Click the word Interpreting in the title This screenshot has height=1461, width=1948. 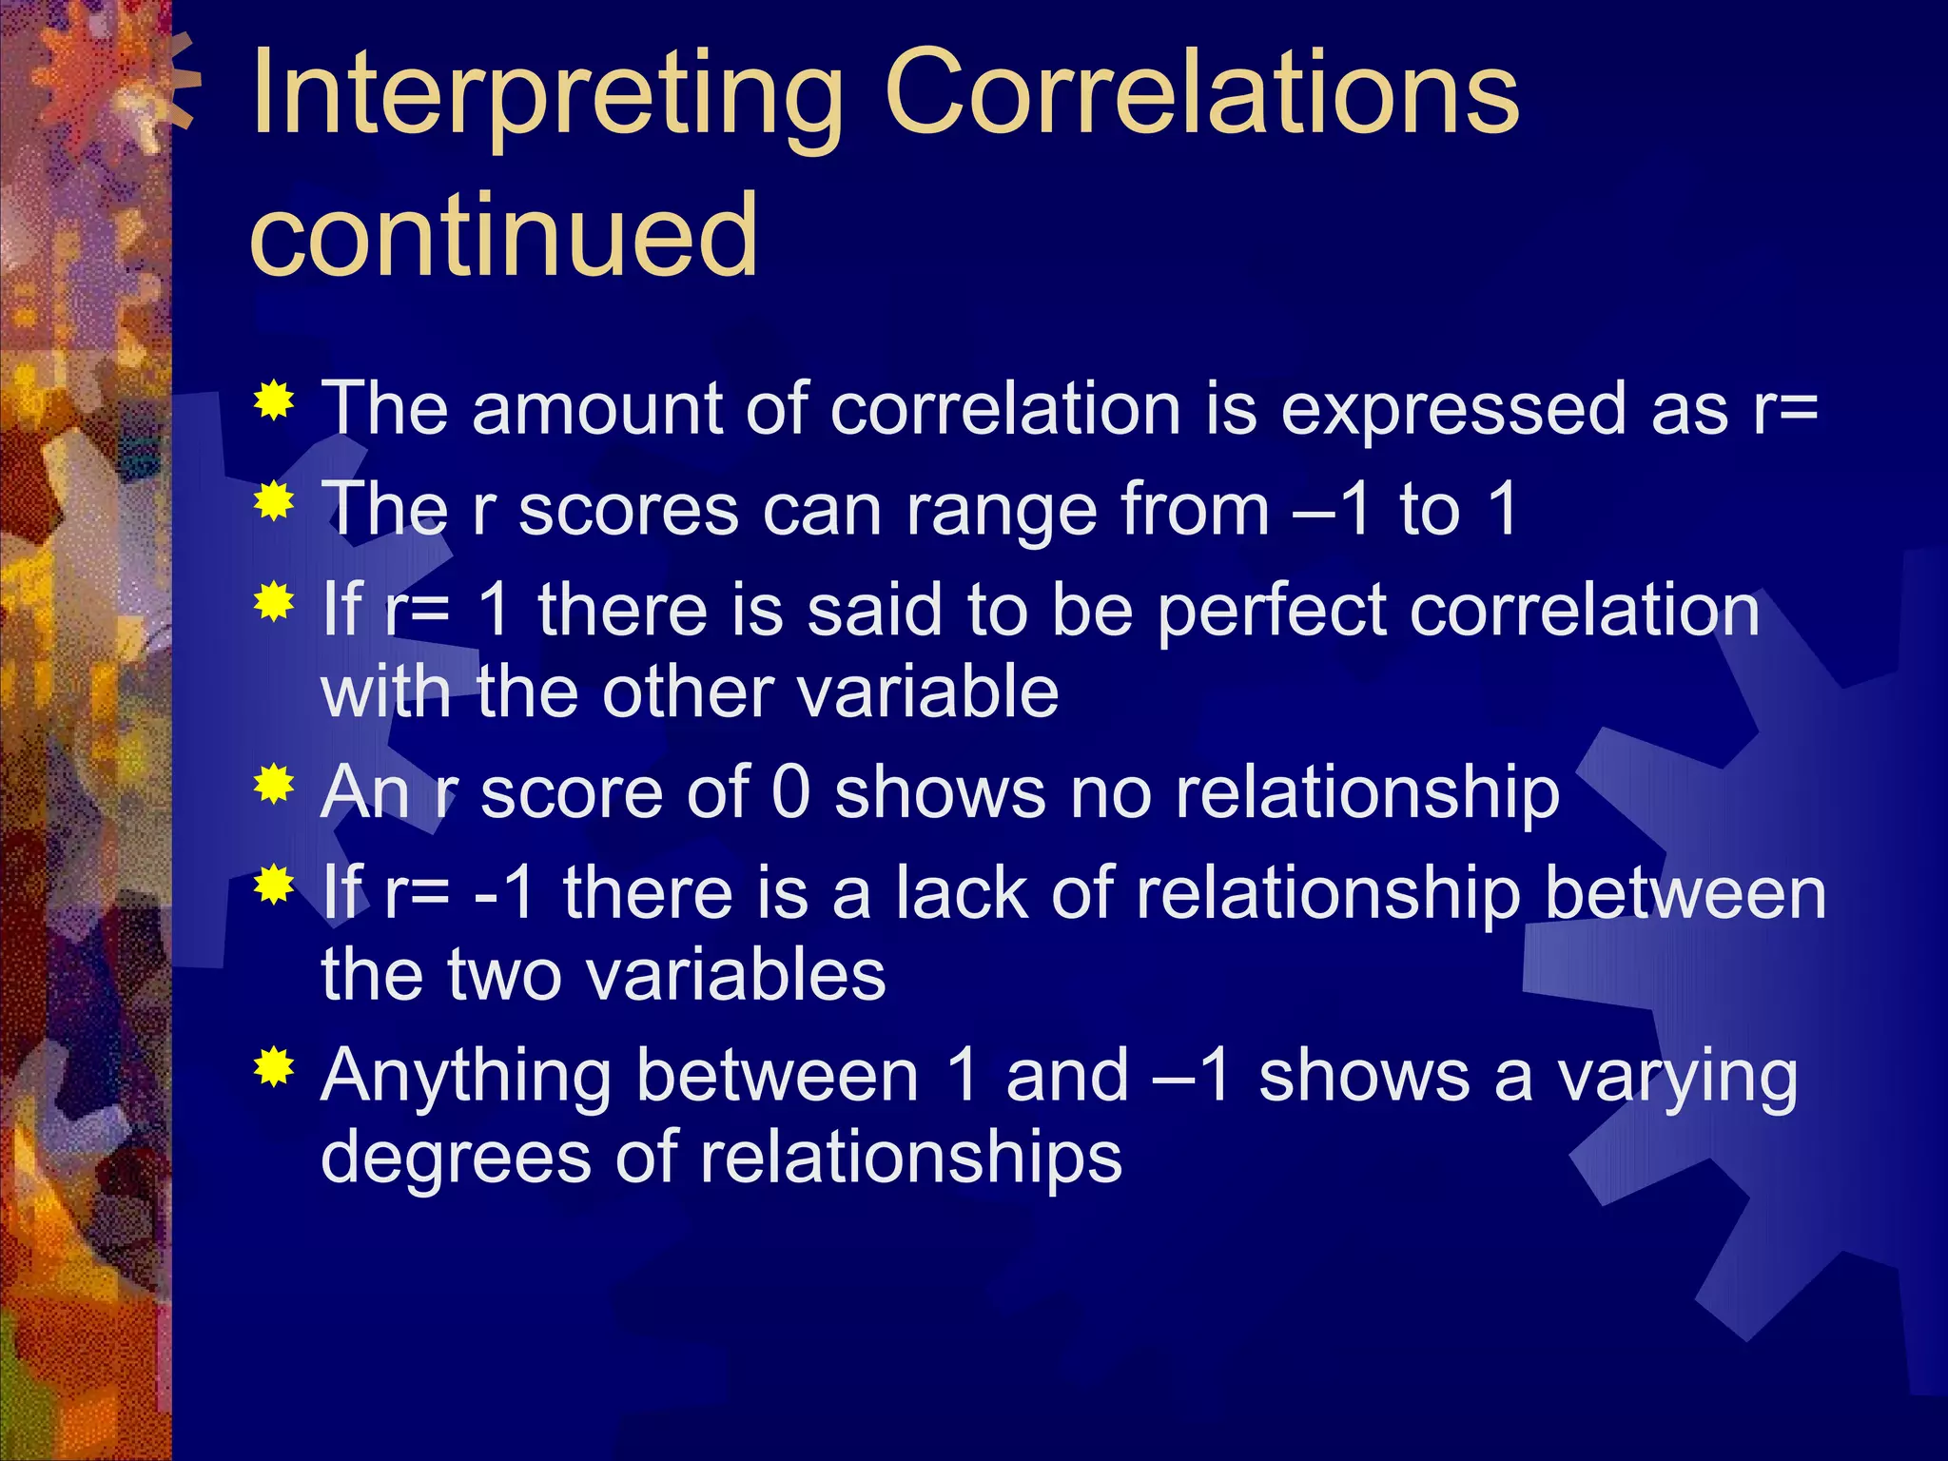(547, 95)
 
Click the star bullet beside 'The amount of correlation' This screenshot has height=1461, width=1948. (274, 401)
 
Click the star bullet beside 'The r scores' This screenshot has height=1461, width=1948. (274, 501)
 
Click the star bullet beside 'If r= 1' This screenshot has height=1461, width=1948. (274, 602)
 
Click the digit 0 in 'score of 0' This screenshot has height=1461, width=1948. (791, 791)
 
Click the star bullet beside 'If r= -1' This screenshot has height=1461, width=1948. (274, 885)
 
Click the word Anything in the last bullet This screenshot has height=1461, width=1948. (466, 1078)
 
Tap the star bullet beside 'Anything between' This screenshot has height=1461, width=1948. (274, 1067)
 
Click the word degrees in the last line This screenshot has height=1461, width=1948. (456, 1158)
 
